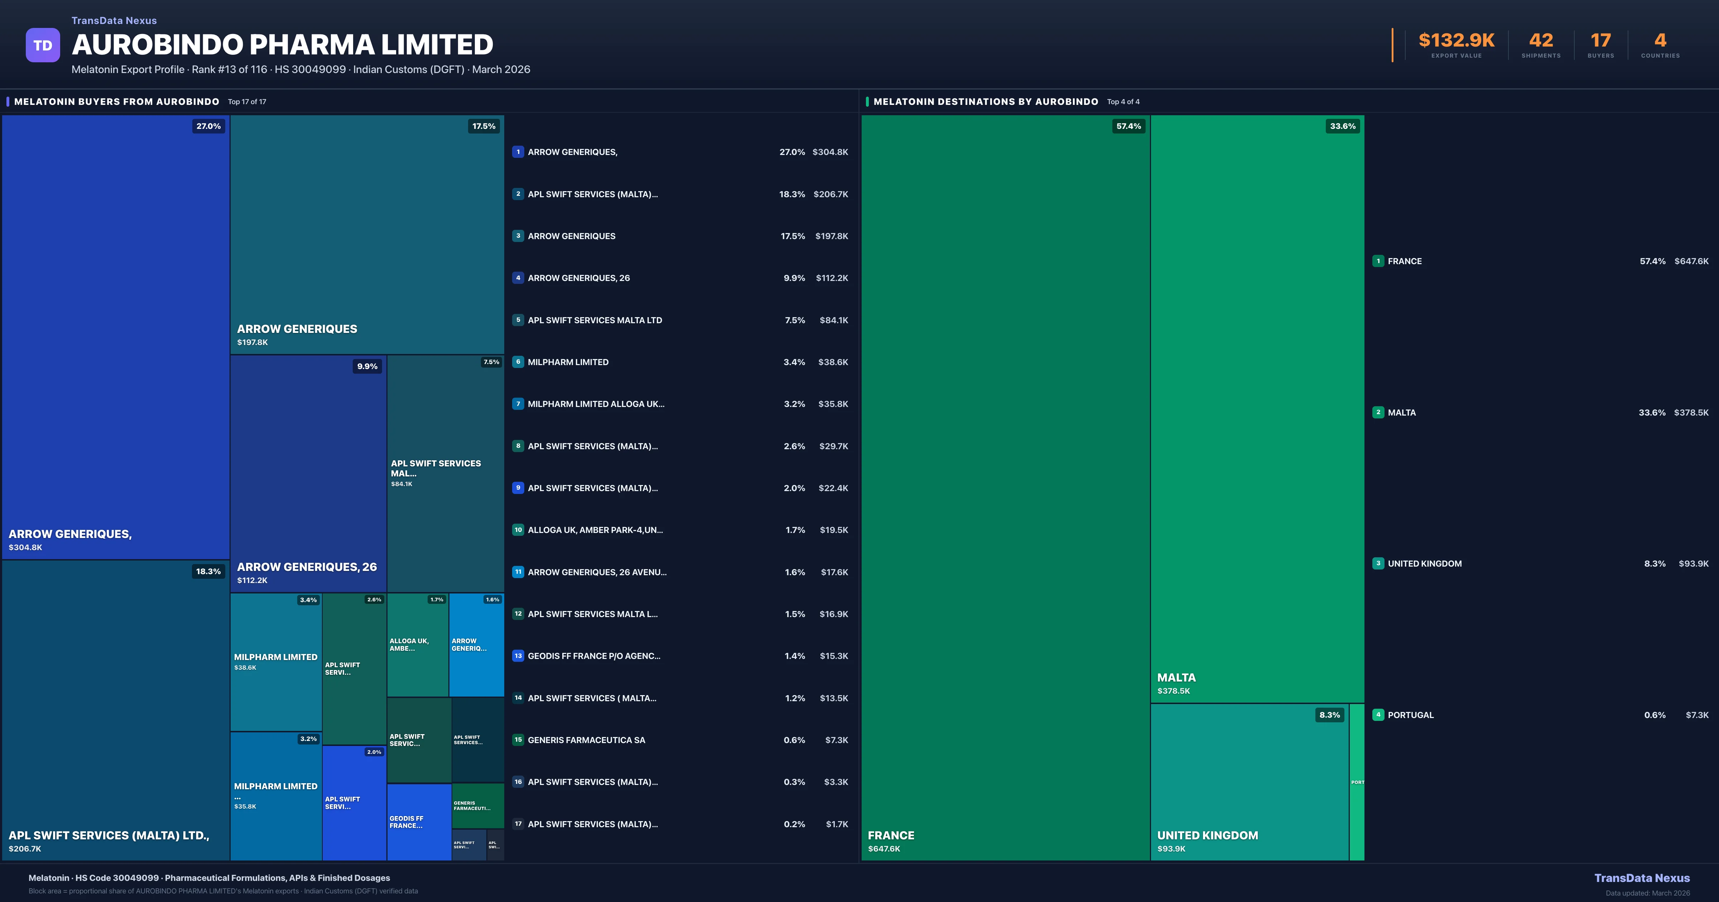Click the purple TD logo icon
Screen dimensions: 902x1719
pyautogui.click(x=43, y=45)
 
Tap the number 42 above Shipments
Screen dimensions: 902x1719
pyautogui.click(x=1541, y=41)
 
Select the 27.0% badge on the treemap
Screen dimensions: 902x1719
pyautogui.click(x=208, y=126)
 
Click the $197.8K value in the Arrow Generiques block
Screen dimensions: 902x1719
pyautogui.click(x=252, y=342)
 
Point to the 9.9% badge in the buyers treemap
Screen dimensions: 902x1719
pyautogui.click(x=367, y=366)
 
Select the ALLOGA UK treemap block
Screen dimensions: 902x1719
pyautogui.click(x=417, y=645)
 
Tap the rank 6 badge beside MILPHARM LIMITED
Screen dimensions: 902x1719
pyautogui.click(x=518, y=362)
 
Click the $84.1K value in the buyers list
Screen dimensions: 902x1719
pyautogui.click(x=833, y=320)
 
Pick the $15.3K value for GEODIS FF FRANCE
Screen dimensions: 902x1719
pyautogui.click(x=833, y=656)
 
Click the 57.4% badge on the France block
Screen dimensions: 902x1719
pyautogui.click(x=1128, y=126)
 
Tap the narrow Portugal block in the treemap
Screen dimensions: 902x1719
pyautogui.click(x=1357, y=782)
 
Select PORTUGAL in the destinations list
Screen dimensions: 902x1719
pyautogui.click(x=1410, y=715)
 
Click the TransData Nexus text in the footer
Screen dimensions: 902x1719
pyautogui.click(x=1642, y=878)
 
